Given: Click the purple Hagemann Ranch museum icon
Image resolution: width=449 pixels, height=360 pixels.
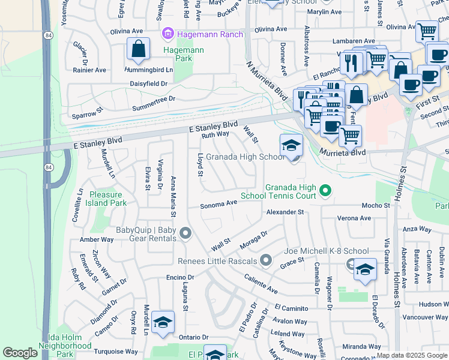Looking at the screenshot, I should tap(168, 34).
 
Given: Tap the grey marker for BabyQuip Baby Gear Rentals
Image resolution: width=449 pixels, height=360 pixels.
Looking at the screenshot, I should tap(185, 233).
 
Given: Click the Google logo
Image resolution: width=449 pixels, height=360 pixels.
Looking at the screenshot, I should tap(20, 353).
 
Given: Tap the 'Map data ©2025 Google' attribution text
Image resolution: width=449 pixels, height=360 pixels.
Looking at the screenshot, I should tap(412, 355).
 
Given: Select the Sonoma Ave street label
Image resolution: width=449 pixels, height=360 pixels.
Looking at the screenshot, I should tap(218, 203).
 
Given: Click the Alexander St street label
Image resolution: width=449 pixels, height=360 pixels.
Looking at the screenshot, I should tap(285, 212).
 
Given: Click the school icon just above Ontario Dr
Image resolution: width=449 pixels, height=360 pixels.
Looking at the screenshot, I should tap(163, 323).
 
